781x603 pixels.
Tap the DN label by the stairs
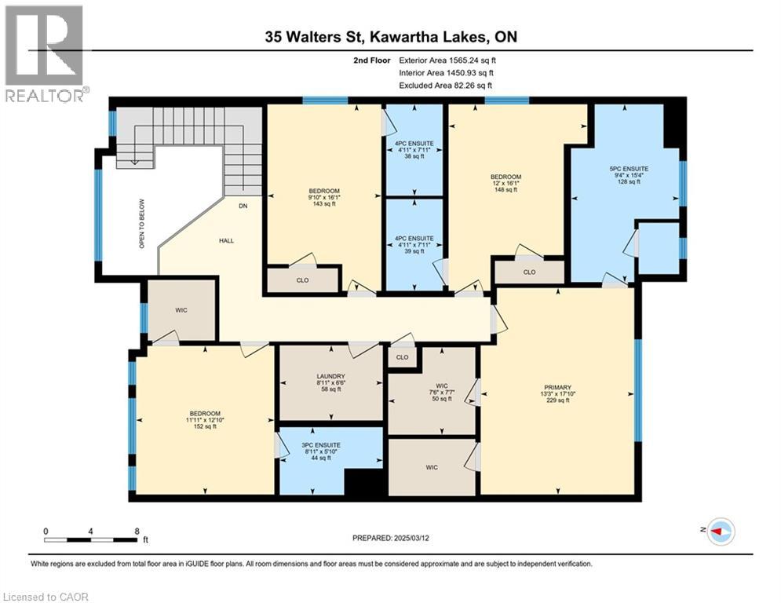pyautogui.click(x=243, y=206)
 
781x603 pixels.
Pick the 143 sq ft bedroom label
pyautogui.click(x=323, y=197)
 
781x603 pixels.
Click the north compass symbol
pyautogui.click(x=720, y=532)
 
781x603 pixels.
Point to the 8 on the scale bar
pyautogui.click(x=137, y=531)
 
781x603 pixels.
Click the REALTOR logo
pyautogui.click(x=45, y=54)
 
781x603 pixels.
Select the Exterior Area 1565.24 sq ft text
pyautogui.click(x=447, y=59)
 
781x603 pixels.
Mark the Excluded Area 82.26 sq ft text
pyautogui.click(x=447, y=85)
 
